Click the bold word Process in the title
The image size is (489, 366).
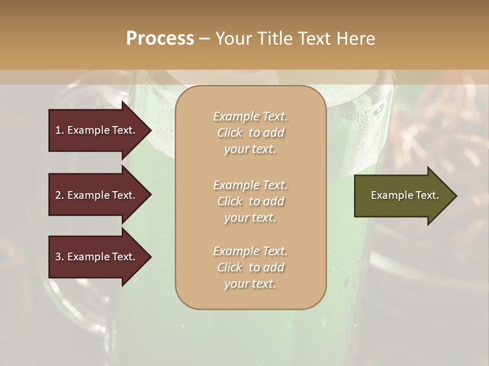(160, 39)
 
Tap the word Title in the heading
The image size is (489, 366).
(275, 39)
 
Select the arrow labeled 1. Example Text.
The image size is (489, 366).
(97, 130)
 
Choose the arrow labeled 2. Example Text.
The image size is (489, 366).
(97, 195)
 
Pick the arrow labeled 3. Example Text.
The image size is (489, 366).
(97, 257)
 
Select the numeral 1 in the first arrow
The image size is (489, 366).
(58, 130)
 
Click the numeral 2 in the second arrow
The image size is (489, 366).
(58, 195)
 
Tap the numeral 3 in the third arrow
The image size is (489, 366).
(58, 257)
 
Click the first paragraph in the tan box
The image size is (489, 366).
(250, 133)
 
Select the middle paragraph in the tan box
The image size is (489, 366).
(250, 201)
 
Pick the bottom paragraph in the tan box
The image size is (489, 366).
(250, 267)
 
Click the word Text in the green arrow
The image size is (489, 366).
(427, 195)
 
